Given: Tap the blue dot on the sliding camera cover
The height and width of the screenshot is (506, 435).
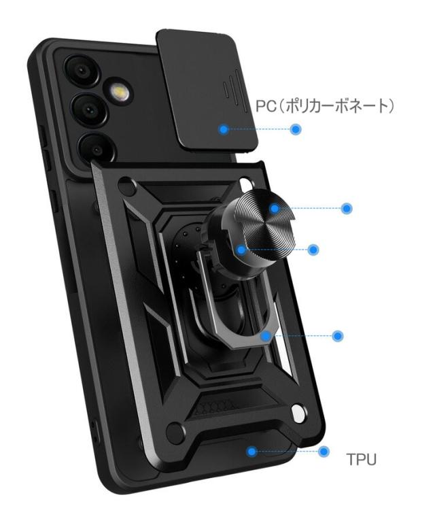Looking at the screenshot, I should tap(222, 128).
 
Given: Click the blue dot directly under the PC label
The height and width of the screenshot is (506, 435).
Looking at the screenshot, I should tap(295, 129).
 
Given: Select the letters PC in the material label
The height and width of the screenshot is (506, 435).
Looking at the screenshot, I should tap(265, 107).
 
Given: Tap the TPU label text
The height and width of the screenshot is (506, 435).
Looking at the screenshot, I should tap(361, 460).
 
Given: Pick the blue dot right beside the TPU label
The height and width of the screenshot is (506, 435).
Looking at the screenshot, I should tap(324, 451).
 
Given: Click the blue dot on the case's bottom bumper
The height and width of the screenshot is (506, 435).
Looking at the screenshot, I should tap(252, 450).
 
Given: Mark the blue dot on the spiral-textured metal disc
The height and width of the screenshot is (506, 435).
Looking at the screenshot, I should tap(273, 208).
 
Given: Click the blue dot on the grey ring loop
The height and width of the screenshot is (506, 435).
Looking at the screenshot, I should tap(270, 335).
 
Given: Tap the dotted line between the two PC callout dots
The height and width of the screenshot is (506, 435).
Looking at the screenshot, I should tap(258, 129).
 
